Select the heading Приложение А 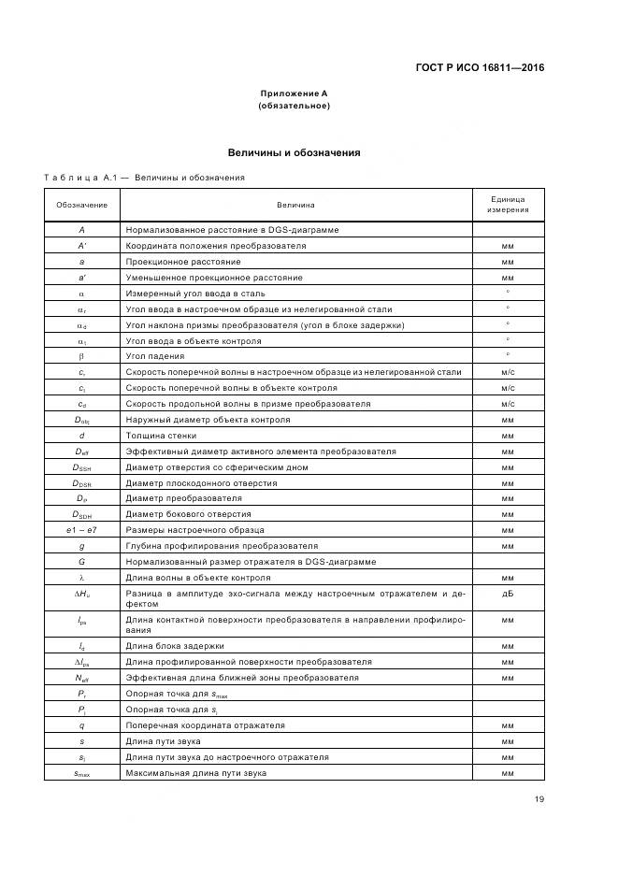coord(294,94)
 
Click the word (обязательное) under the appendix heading coord(294,106)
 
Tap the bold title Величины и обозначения coord(294,152)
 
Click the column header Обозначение coord(81,205)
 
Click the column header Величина coord(295,205)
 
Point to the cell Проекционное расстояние coord(183,262)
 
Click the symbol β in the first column coord(81,356)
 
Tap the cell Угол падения coord(155,356)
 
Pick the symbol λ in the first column coord(81,578)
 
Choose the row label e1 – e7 coord(81,530)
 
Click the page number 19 coord(539,799)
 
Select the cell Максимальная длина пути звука coord(196,773)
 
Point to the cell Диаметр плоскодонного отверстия coord(201,483)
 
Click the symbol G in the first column coord(81,562)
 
